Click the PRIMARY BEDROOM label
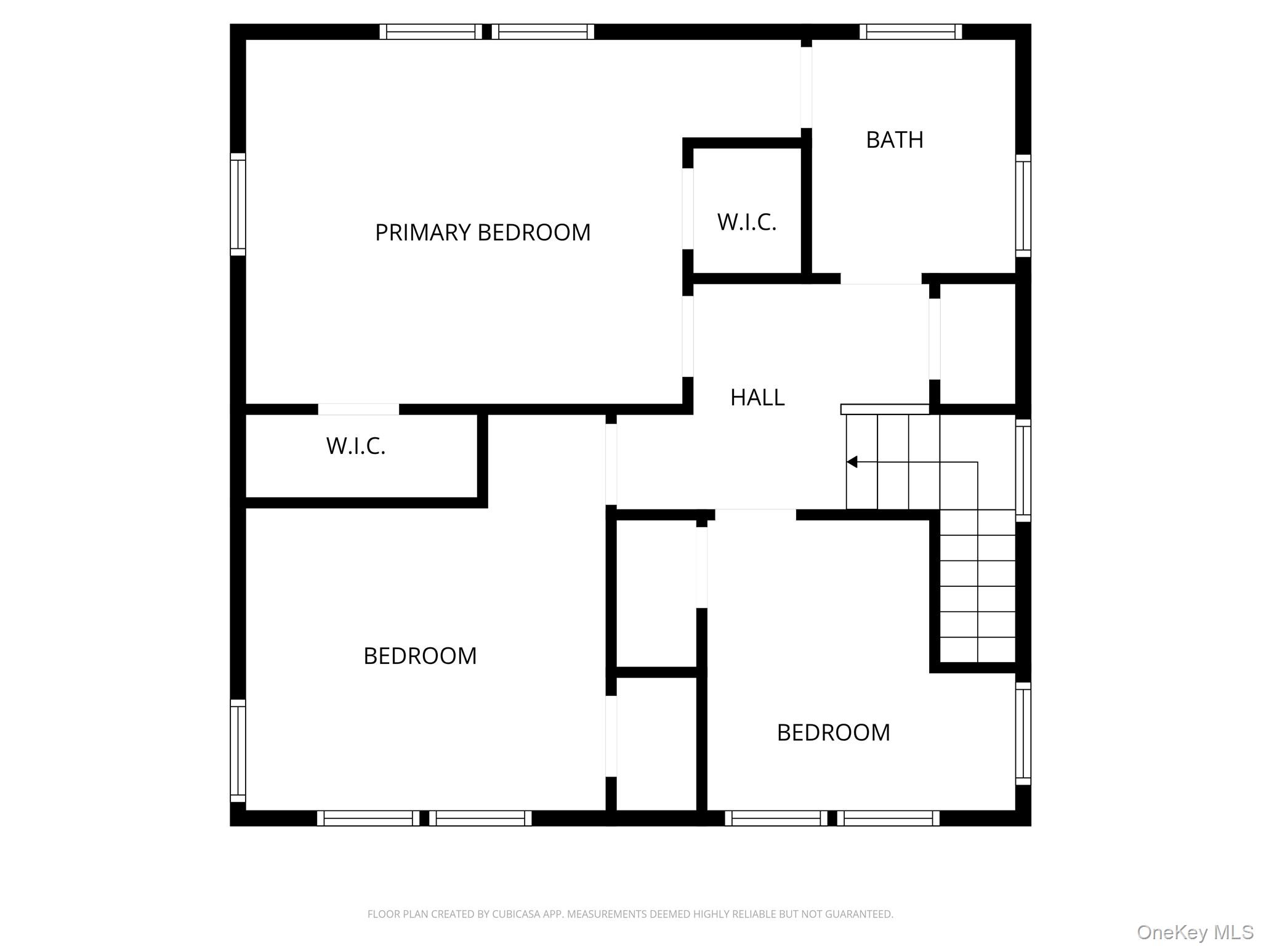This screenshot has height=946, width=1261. [x=482, y=233]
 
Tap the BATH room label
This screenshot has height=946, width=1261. [x=894, y=140]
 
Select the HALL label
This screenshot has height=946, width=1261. [x=757, y=398]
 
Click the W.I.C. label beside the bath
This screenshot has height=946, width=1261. [x=746, y=222]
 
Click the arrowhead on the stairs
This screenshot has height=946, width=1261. [x=852, y=462]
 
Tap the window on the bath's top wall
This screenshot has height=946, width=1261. [x=910, y=31]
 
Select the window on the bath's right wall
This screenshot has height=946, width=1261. [x=1023, y=206]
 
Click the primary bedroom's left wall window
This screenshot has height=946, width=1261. [x=238, y=204]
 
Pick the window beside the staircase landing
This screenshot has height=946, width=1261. [x=1023, y=471]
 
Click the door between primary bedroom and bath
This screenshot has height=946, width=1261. [x=806, y=87]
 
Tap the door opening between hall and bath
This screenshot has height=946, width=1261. [x=880, y=279]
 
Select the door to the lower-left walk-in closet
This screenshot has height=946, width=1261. [x=358, y=410]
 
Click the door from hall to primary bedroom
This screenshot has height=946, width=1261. [x=688, y=336]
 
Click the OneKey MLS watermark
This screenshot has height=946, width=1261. [x=1195, y=932]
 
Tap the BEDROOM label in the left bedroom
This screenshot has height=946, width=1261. [x=420, y=657]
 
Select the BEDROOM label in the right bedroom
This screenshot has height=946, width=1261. [x=833, y=733]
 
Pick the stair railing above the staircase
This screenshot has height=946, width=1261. [x=884, y=410]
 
